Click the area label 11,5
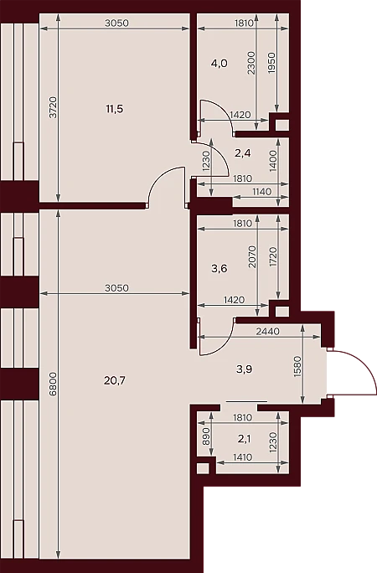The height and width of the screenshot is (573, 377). pyautogui.click(x=114, y=109)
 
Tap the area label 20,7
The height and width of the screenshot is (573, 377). pyautogui.click(x=114, y=381)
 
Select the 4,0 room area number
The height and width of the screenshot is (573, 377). pyautogui.click(x=219, y=64)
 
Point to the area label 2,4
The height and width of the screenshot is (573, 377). pyautogui.click(x=243, y=153)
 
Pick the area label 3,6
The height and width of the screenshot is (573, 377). pyautogui.click(x=219, y=269)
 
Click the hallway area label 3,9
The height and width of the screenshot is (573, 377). pyautogui.click(x=244, y=369)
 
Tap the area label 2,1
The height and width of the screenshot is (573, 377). pyautogui.click(x=244, y=439)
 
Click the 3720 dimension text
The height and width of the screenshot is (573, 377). pyautogui.click(x=54, y=107)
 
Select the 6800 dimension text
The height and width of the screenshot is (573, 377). pyautogui.click(x=54, y=384)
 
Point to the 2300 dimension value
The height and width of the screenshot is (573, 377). pyautogui.click(x=251, y=63)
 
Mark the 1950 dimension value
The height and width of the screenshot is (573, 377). pyautogui.click(x=271, y=63)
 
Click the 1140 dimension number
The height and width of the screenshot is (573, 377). pyautogui.click(x=261, y=192)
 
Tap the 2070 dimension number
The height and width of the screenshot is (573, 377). pyautogui.click(x=252, y=256)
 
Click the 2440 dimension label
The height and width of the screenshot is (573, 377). pyautogui.click(x=268, y=332)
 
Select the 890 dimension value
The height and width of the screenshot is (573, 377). pyautogui.click(x=205, y=436)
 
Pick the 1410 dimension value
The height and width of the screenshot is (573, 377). pyautogui.click(x=243, y=457)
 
